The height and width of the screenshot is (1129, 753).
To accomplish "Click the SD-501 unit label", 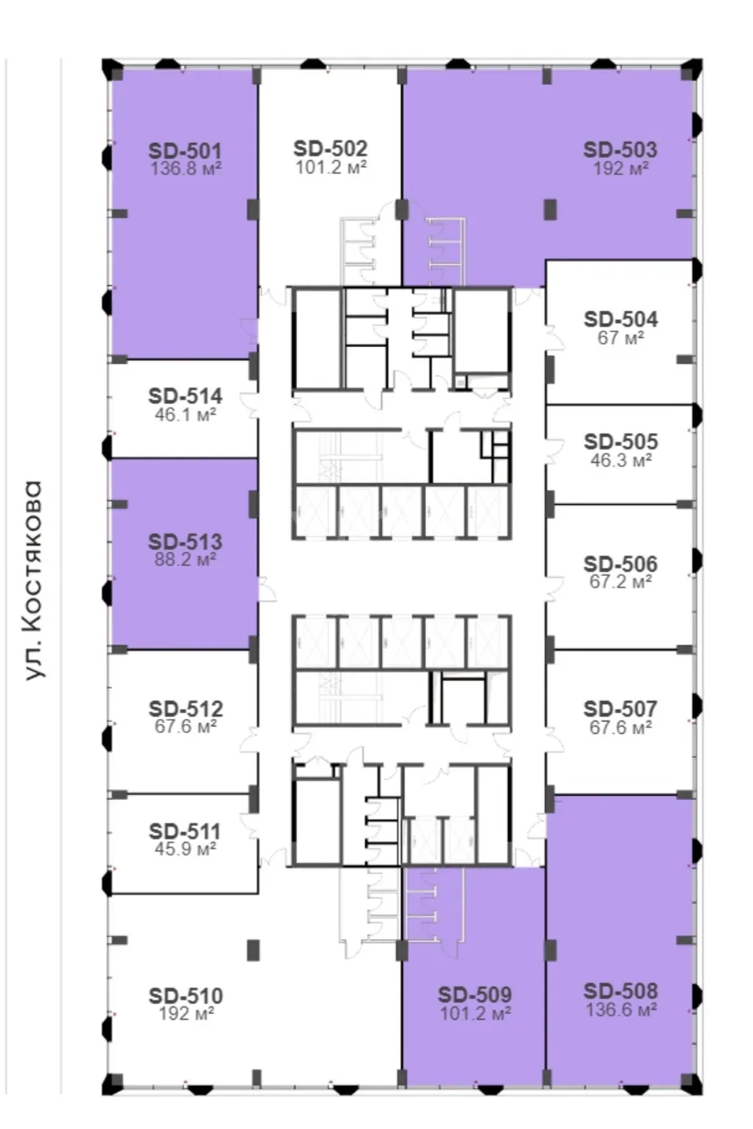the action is tap(185, 151).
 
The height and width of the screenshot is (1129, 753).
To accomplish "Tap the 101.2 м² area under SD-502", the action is tap(331, 167).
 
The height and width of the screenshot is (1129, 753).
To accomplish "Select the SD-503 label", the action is tap(620, 150).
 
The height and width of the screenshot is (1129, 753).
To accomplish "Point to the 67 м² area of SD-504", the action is tap(621, 337).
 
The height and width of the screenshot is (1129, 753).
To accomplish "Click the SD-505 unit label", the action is tap(621, 442).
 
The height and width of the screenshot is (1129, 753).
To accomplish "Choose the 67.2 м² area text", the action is tap(621, 582).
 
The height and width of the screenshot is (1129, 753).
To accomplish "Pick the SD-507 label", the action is tap(620, 709).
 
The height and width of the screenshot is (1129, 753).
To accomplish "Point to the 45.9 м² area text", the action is tap(185, 849).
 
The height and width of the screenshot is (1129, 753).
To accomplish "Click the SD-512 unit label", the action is tap(185, 709).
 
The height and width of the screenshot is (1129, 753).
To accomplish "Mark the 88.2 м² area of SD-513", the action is tap(185, 560).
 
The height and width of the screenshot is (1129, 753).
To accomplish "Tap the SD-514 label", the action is tap(185, 396).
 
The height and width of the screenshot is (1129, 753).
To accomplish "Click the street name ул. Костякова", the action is tap(33, 581).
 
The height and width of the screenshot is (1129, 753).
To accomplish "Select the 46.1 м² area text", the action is tap(185, 415).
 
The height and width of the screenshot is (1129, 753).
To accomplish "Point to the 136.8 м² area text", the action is tap(186, 169).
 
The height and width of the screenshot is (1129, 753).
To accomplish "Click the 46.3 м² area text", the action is tap(621, 460).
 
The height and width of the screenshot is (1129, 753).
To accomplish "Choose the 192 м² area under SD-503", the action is tap(621, 168).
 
